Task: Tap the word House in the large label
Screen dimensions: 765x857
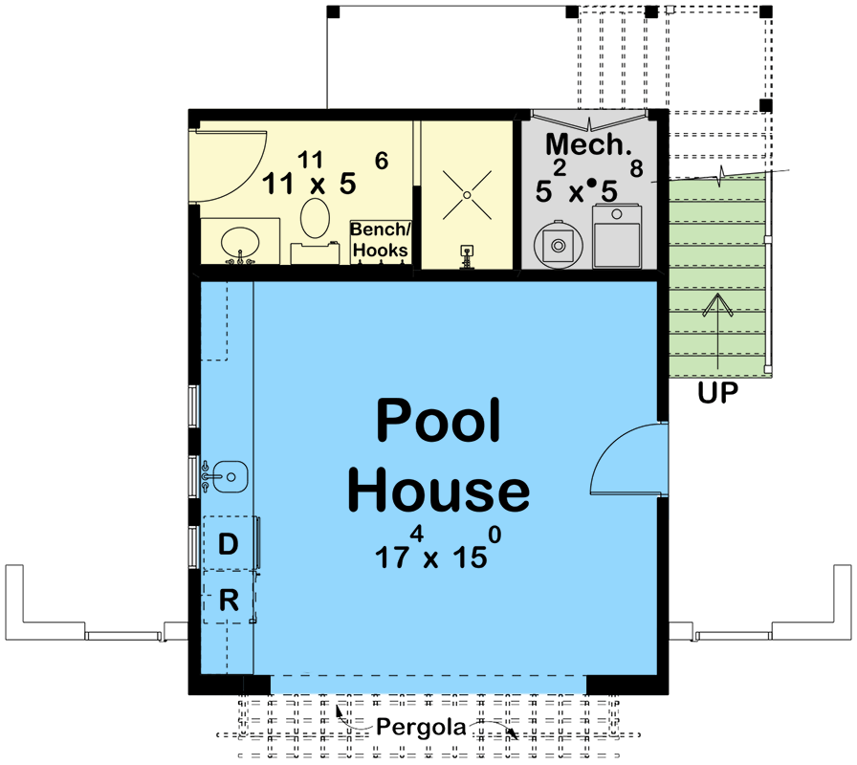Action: (x=438, y=491)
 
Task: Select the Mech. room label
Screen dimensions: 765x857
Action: (x=588, y=145)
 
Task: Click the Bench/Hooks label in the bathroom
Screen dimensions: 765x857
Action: (x=380, y=240)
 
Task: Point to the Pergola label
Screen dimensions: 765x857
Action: (x=421, y=728)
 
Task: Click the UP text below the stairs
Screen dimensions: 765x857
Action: (x=717, y=393)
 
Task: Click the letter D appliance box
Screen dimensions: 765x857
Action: (x=228, y=544)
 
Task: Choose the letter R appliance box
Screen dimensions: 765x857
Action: (x=228, y=600)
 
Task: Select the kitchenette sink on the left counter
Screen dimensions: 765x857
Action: (x=230, y=474)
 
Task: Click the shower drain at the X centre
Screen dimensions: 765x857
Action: (x=467, y=196)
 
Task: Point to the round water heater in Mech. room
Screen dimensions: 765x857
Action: (x=557, y=244)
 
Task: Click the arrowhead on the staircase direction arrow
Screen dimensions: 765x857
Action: (x=716, y=304)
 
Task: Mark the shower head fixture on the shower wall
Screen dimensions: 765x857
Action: (x=467, y=254)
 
